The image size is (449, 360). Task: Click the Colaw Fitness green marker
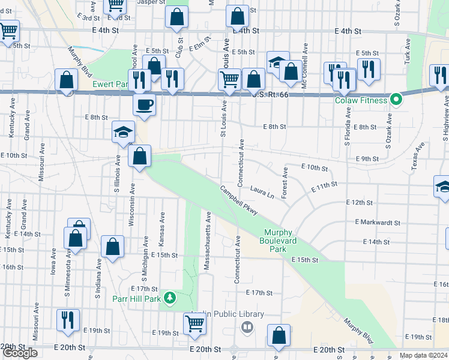(396, 100)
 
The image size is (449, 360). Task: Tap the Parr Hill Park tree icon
(171, 298)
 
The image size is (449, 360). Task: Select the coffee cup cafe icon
(144, 105)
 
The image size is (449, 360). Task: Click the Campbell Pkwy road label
(239, 200)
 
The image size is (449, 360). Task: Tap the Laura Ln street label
(262, 191)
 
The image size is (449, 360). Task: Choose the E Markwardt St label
(378, 222)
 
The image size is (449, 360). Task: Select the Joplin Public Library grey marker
(247, 327)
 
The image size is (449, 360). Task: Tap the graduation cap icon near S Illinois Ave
(123, 132)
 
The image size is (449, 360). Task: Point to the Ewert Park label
(107, 85)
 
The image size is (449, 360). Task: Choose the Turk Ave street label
(408, 51)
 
